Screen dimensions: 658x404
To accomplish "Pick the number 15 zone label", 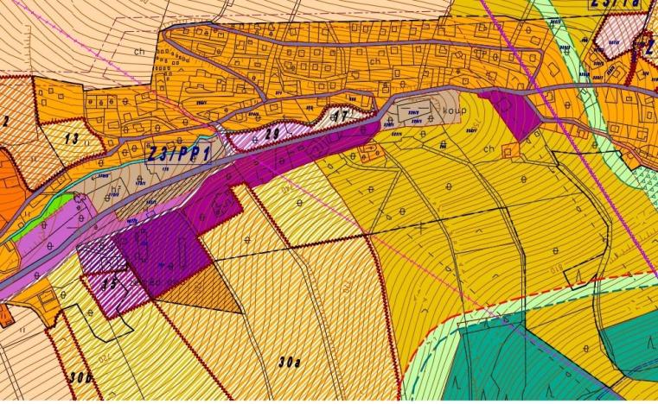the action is point(109,281).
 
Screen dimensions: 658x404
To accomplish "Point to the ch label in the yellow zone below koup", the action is point(489,148).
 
